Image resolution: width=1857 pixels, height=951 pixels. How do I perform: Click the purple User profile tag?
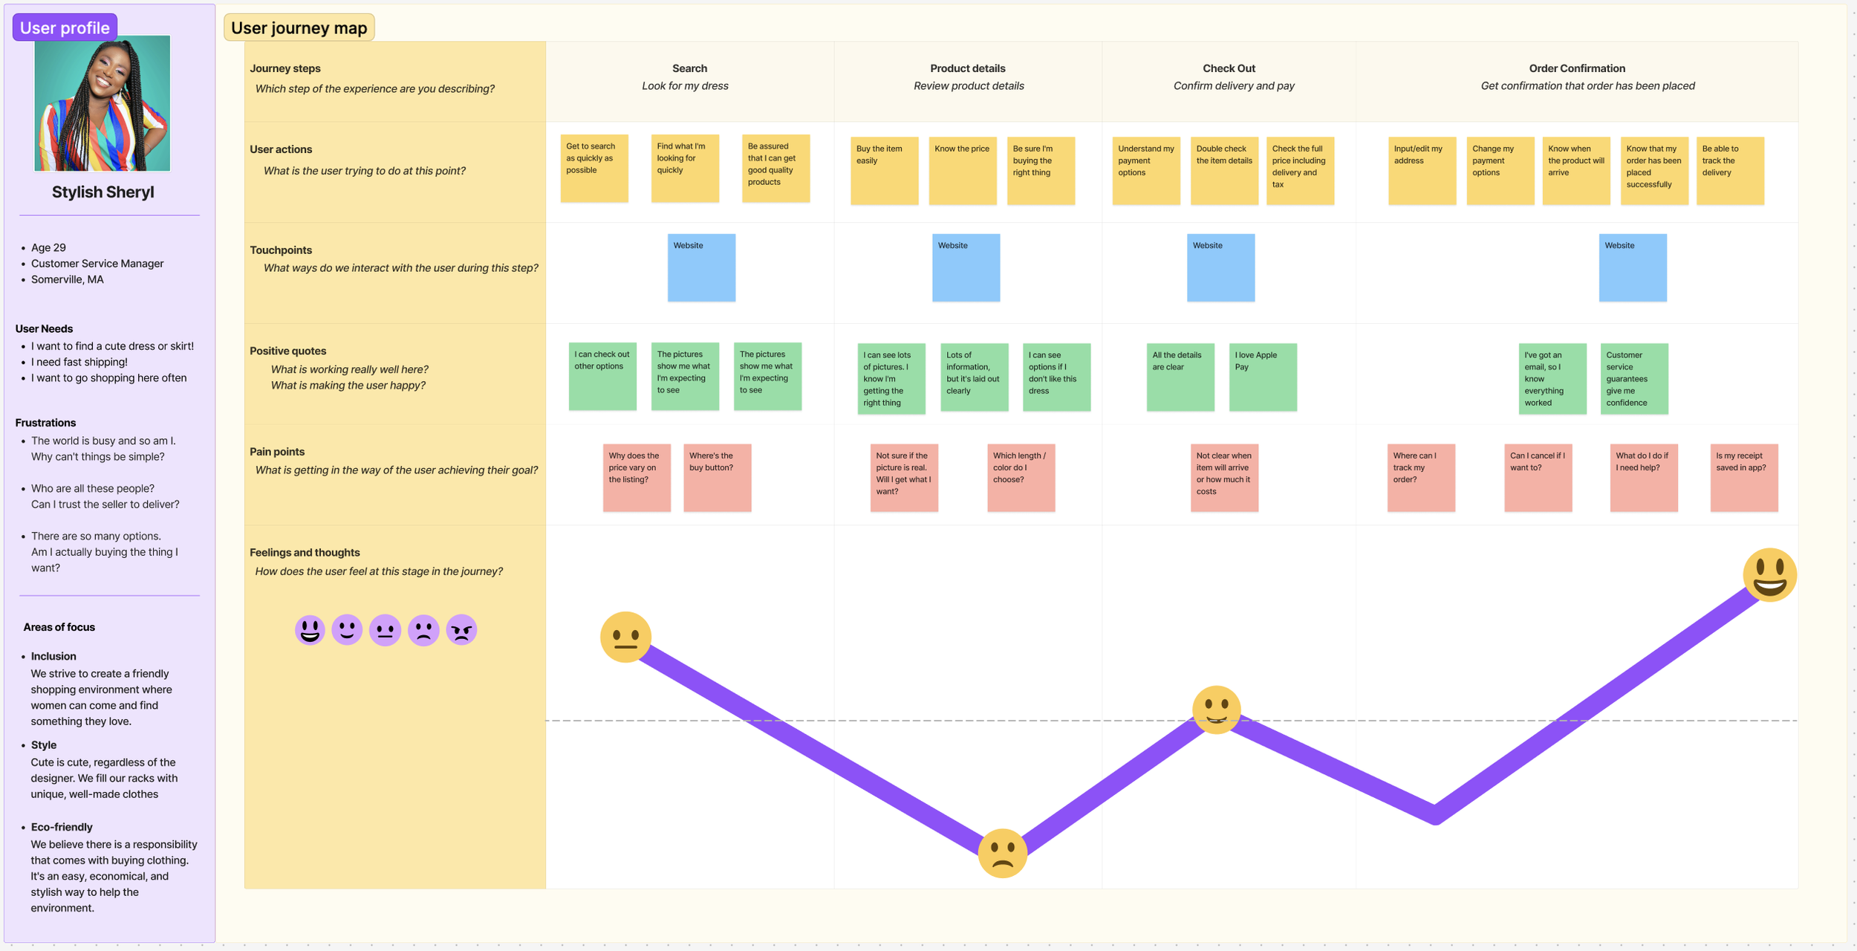click(65, 27)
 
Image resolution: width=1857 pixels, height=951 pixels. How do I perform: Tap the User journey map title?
click(299, 27)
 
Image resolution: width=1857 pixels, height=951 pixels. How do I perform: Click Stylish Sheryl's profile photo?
click(103, 103)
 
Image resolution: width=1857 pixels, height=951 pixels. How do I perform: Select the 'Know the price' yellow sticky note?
click(962, 169)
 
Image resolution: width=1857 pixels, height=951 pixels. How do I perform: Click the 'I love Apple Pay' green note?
click(1262, 377)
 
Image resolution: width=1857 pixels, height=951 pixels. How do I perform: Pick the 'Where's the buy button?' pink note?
click(717, 477)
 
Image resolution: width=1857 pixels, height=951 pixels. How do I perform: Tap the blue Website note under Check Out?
click(1220, 267)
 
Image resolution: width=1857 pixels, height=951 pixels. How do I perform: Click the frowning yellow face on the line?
click(1002, 853)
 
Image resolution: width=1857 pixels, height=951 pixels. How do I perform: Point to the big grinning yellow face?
click(1769, 574)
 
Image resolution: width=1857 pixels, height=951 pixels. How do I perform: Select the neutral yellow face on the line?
click(625, 637)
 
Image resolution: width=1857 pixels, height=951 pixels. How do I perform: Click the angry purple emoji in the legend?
click(461, 630)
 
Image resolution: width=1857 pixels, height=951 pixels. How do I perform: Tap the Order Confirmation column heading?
click(1576, 68)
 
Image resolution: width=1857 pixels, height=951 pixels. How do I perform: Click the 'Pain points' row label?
click(277, 452)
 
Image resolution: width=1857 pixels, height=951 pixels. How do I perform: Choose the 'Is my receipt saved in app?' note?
click(1743, 477)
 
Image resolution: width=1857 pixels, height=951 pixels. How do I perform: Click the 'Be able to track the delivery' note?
click(1729, 169)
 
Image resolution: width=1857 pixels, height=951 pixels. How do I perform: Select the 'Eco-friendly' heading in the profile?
click(62, 827)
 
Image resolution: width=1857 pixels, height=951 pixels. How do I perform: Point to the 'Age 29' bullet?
click(48, 247)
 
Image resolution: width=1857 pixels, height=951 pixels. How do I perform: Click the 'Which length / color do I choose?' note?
click(1021, 477)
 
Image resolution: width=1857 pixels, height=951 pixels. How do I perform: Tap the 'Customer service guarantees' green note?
click(1633, 377)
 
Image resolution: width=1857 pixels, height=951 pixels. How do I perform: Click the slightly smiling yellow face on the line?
click(1216, 710)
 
